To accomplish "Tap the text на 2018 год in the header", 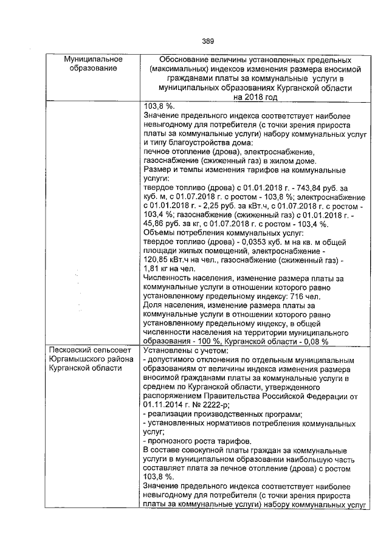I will point(255,97).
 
